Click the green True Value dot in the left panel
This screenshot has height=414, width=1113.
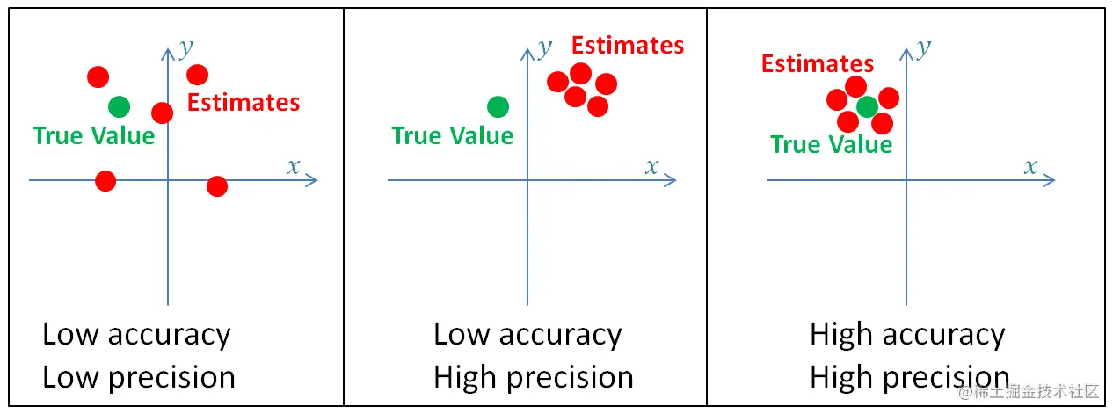tap(119, 107)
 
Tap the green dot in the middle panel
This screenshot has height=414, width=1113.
tap(498, 107)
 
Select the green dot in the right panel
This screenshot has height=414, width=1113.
tap(867, 107)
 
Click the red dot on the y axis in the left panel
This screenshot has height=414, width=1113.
tap(162, 113)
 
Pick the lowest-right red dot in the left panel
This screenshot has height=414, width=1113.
tap(217, 186)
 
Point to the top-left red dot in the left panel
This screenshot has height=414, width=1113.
tap(98, 76)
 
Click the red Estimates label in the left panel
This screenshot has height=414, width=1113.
tap(244, 103)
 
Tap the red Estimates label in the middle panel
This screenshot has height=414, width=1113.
tap(628, 46)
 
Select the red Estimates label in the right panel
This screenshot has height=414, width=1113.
tap(818, 64)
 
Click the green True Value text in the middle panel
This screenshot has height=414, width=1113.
tap(453, 136)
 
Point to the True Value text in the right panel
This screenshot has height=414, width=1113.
tap(832, 145)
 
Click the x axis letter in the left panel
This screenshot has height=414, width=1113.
tap(294, 166)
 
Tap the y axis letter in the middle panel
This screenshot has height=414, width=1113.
tap(545, 45)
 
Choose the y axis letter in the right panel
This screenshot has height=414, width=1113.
tap(924, 47)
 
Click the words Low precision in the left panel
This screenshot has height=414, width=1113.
tap(139, 377)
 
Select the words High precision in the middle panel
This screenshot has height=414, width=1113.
tap(534, 377)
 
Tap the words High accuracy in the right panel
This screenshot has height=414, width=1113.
tap(906, 335)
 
